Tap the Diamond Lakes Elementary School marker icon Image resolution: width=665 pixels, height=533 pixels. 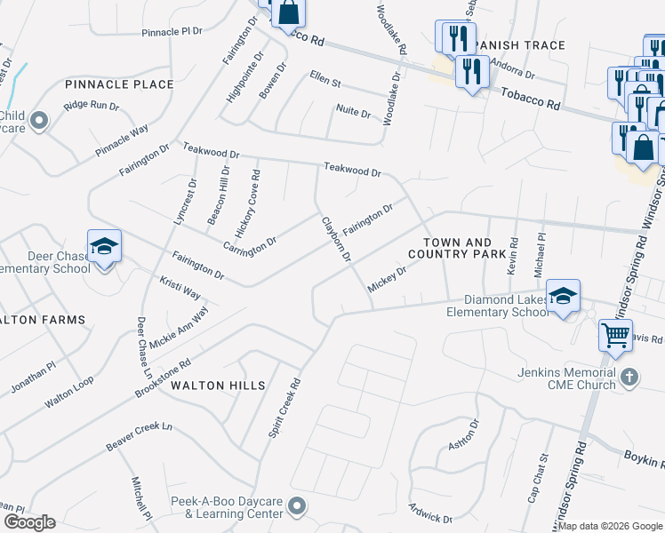[562, 297]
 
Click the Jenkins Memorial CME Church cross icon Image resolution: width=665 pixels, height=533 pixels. [629, 375]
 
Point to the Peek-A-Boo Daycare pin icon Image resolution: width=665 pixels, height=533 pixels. [297, 506]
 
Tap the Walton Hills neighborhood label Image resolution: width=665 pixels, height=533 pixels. [218, 386]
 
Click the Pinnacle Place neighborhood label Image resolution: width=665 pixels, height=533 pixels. [119, 84]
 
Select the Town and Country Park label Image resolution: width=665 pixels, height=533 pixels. [457, 248]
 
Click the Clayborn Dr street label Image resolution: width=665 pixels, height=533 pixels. [337, 239]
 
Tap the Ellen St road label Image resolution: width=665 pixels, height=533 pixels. [325, 80]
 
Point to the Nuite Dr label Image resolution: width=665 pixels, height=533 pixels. [353, 111]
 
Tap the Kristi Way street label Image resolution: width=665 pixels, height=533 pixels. [180, 290]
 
